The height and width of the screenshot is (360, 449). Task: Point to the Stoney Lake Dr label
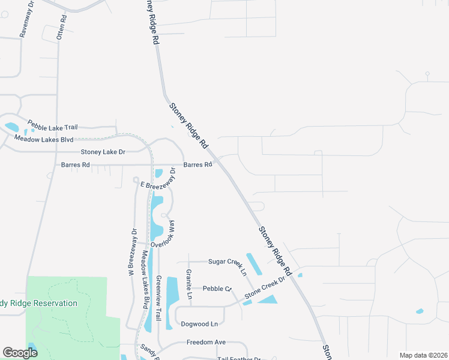click(103, 152)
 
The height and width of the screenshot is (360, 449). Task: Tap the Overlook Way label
click(166, 235)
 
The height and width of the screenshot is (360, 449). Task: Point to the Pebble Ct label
click(217, 289)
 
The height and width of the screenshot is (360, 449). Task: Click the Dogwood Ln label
click(199, 324)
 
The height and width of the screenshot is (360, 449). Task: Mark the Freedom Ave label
click(206, 342)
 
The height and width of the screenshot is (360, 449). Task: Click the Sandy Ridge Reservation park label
click(39, 303)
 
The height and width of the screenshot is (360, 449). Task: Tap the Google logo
click(20, 353)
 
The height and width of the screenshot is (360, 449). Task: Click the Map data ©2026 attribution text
click(423, 355)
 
